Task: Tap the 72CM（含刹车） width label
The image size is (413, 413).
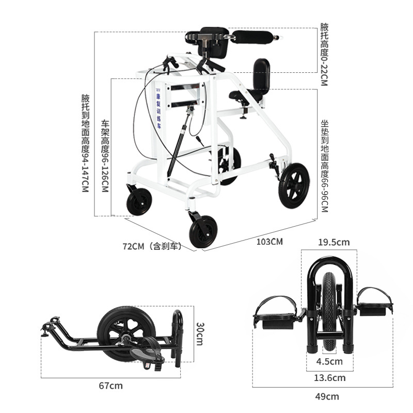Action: point(152,247)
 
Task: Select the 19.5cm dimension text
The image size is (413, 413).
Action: point(333,242)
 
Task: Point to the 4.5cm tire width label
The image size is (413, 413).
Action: point(330,361)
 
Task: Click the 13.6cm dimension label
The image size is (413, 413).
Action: point(330,378)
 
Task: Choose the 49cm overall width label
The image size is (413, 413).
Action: point(328,396)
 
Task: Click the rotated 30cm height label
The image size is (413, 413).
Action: point(199,334)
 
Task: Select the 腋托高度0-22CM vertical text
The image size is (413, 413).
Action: point(324,54)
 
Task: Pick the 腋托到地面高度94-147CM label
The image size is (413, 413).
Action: point(86,143)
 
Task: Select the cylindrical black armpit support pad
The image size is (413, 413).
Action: point(254,37)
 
